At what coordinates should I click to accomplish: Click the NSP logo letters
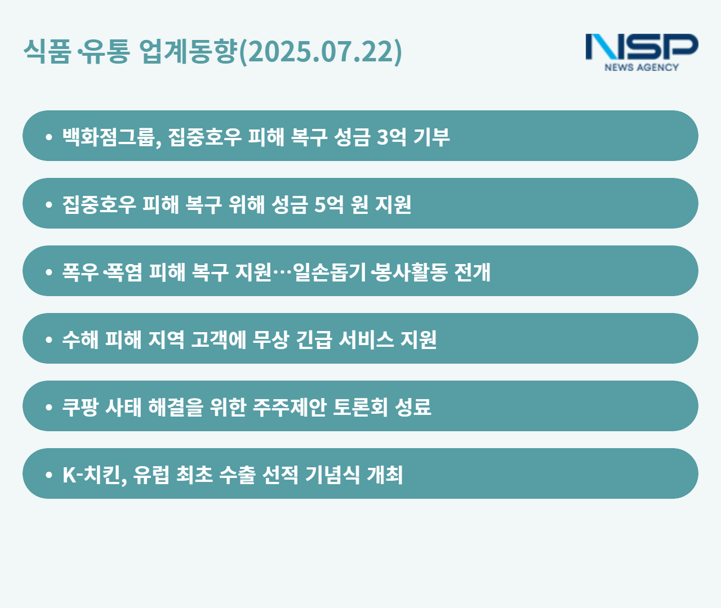(x=642, y=47)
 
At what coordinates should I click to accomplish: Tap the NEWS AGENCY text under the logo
(x=642, y=68)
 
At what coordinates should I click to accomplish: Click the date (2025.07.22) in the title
(x=321, y=51)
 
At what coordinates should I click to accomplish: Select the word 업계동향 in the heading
(x=189, y=51)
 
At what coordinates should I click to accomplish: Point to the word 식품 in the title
(x=47, y=51)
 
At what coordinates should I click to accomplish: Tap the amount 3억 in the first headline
(x=391, y=137)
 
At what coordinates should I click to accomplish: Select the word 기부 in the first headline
(x=431, y=137)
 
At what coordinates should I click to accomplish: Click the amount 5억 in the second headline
(x=329, y=204)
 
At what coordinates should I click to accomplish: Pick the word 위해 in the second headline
(x=247, y=204)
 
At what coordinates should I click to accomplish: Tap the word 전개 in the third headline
(x=472, y=272)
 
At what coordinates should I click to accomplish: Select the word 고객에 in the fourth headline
(x=218, y=339)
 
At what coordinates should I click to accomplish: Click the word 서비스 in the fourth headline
(x=366, y=339)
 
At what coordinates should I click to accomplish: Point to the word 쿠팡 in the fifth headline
(x=80, y=407)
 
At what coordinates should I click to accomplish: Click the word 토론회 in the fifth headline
(x=360, y=407)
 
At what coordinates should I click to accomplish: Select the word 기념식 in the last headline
(x=332, y=475)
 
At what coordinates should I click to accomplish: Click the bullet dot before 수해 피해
(x=48, y=340)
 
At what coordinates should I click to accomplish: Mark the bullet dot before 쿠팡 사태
(x=48, y=408)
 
